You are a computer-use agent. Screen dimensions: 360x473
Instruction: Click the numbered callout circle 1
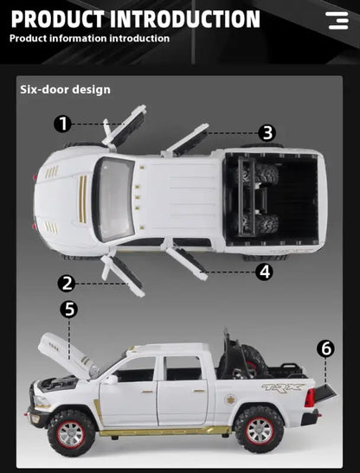coord(63,124)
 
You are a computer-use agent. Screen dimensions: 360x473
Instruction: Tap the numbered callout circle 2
coord(67,284)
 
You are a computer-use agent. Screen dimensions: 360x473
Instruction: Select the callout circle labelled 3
coord(267,133)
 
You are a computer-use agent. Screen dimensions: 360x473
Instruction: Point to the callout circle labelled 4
coord(265,272)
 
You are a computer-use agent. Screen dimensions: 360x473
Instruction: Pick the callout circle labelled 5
coord(69,310)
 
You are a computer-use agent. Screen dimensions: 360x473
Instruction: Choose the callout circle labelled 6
coord(325,348)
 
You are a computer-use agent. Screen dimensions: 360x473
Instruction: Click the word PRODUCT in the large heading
coord(57,19)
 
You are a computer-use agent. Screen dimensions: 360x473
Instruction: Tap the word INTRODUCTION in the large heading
coord(185,19)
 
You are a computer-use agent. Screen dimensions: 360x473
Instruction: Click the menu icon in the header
coord(337,21)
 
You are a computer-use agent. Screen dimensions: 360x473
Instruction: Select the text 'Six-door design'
coord(65,90)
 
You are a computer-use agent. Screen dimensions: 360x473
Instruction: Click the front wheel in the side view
coord(71,432)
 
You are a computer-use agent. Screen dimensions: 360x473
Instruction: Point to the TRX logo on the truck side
coord(283,388)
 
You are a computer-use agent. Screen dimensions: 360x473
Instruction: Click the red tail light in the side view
coord(310,398)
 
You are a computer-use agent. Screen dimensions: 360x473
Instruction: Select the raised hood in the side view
coord(67,354)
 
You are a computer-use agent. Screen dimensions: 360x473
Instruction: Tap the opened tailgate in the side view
coord(325,393)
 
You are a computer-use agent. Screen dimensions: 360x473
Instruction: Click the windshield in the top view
coord(116,199)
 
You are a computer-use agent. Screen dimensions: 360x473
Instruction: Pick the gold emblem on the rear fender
coord(231,400)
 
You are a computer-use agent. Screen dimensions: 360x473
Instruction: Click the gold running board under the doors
coord(164,431)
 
